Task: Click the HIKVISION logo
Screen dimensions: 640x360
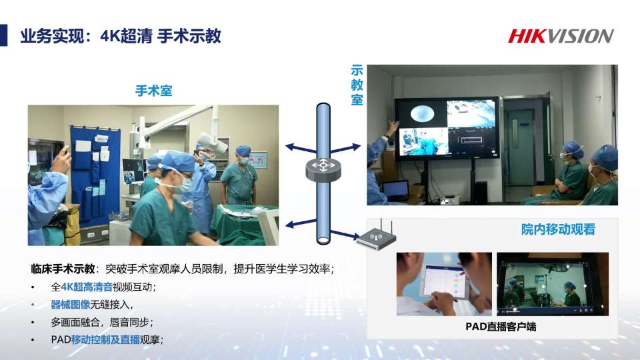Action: (561, 36)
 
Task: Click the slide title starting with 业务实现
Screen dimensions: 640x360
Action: (121, 36)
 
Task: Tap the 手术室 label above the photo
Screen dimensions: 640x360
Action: (153, 90)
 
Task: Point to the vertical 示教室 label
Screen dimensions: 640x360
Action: (357, 85)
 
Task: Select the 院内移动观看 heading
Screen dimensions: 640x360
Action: (558, 229)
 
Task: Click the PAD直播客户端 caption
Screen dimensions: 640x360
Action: (501, 327)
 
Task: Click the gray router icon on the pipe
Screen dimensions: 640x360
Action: (323, 169)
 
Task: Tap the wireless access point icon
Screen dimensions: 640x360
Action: (376, 236)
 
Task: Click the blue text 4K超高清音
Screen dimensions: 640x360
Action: (87, 287)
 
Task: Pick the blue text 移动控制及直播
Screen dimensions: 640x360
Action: (105, 339)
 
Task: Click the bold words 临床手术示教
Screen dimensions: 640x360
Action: (63, 269)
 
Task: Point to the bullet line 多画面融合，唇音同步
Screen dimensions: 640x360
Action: (101, 322)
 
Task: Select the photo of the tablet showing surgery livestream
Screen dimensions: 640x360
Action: (552, 284)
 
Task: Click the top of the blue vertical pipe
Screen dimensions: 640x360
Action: (323, 105)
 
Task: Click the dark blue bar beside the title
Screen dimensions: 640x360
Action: (4, 35)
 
